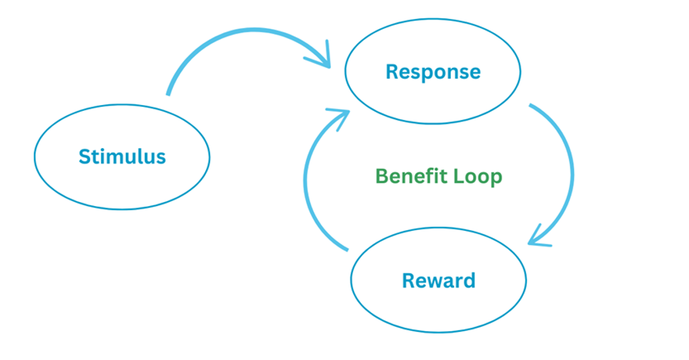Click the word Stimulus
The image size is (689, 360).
pyautogui.click(x=122, y=157)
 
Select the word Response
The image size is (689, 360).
pyautogui.click(x=433, y=71)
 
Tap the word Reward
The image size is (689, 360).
pyautogui.click(x=438, y=280)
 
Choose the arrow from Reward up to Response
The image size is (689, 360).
pyautogui.click(x=307, y=182)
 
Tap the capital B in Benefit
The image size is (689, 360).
pyautogui.click(x=382, y=176)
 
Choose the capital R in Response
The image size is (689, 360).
pyautogui.click(x=392, y=71)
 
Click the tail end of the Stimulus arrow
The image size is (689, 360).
pyautogui.click(x=168, y=93)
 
